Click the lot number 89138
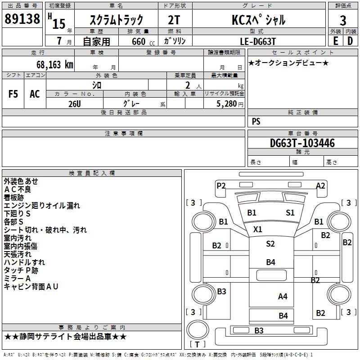[x=22, y=19]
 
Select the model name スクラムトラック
[x=117, y=20]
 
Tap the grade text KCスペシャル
[x=258, y=20]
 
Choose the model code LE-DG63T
[x=258, y=41]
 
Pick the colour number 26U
[x=75, y=103]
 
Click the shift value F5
[x=13, y=94]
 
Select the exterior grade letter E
[x=335, y=41]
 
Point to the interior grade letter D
[x=350, y=41]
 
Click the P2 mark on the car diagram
[x=221, y=185]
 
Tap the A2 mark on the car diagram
[x=320, y=185]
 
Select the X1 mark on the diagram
[x=257, y=229]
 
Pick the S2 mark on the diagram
[x=270, y=244]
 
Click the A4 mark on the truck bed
[x=283, y=296]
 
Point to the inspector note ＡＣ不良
[x=18, y=189]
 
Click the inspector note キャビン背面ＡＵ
[x=31, y=287]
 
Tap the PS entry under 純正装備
[x=256, y=121]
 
